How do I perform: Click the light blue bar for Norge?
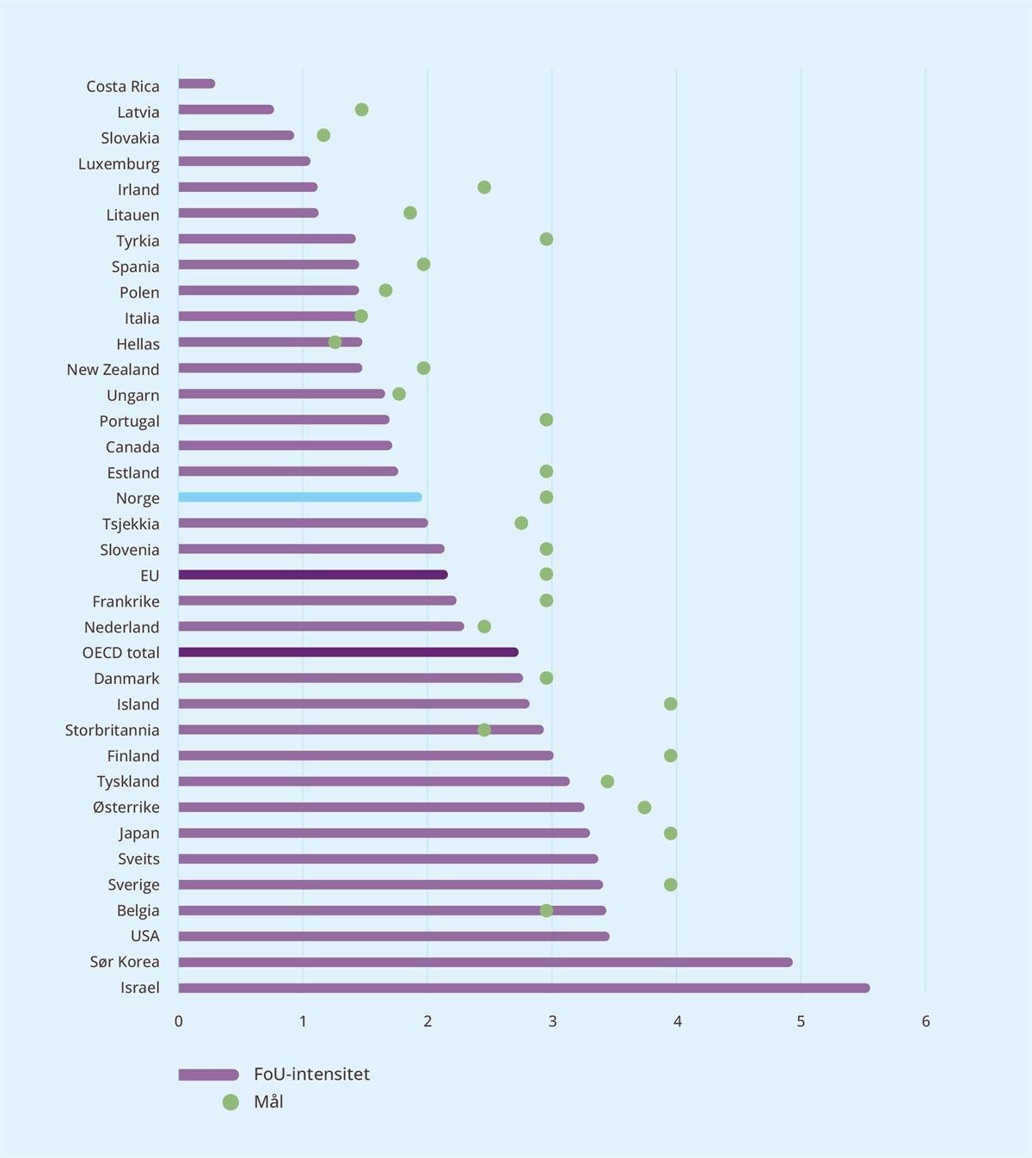pyautogui.click(x=299, y=497)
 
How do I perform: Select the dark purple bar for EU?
pyautogui.click(x=312, y=575)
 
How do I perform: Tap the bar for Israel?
pyautogui.click(x=524, y=988)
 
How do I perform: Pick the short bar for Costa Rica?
pyautogui.click(x=196, y=83)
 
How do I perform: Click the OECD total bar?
pyautogui.click(x=348, y=652)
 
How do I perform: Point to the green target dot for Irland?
pyautogui.click(x=484, y=188)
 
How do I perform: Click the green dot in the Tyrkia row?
pyautogui.click(x=546, y=239)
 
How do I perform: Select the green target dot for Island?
pyautogui.click(x=671, y=704)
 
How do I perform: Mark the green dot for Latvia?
pyautogui.click(x=361, y=109)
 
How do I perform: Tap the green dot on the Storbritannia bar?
pyautogui.click(x=484, y=730)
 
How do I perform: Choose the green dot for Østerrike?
pyautogui.click(x=644, y=807)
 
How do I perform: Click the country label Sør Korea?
pyautogui.click(x=125, y=962)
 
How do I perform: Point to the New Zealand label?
pyautogui.click(x=113, y=369)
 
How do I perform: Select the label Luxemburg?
pyautogui.click(x=119, y=163)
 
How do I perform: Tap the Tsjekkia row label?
pyautogui.click(x=131, y=524)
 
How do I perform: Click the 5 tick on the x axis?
pyautogui.click(x=801, y=1021)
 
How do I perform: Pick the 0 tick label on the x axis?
pyautogui.click(x=179, y=1021)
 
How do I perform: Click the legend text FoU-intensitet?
pyautogui.click(x=311, y=1074)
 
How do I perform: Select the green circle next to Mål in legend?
pyautogui.click(x=230, y=1102)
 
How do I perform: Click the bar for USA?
pyautogui.click(x=394, y=936)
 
